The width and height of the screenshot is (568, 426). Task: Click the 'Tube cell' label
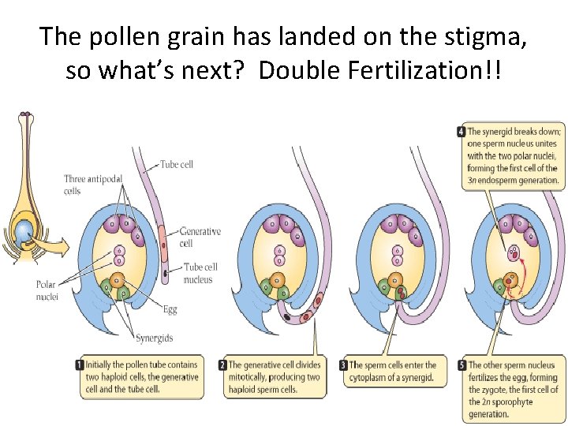[x=177, y=165]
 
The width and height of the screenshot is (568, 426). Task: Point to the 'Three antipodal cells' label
[x=84, y=185]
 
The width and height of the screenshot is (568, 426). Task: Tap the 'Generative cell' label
[x=200, y=237]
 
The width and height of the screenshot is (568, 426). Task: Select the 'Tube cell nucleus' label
[x=200, y=273]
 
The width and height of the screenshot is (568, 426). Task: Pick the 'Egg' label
[x=170, y=310]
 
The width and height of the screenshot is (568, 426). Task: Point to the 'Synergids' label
[x=154, y=338]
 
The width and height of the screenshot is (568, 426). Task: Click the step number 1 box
[x=80, y=365]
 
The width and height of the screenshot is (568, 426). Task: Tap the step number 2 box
[x=223, y=365]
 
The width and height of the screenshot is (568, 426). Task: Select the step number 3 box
[x=344, y=365]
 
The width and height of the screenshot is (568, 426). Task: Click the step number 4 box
[x=461, y=132]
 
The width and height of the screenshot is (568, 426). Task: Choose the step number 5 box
[x=462, y=365]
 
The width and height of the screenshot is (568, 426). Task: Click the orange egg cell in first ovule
[x=118, y=280]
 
